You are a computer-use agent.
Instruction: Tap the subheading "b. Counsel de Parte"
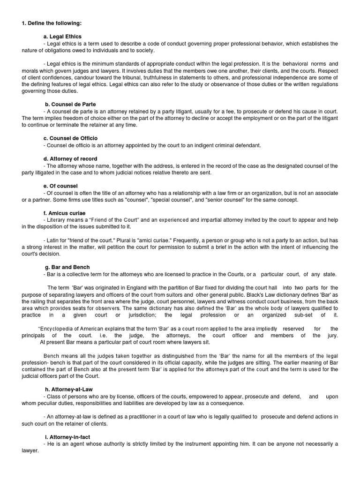pos(70,104)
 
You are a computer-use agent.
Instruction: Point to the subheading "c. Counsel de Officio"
pos(70,138)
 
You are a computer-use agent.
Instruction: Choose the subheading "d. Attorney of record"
pos(70,159)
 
